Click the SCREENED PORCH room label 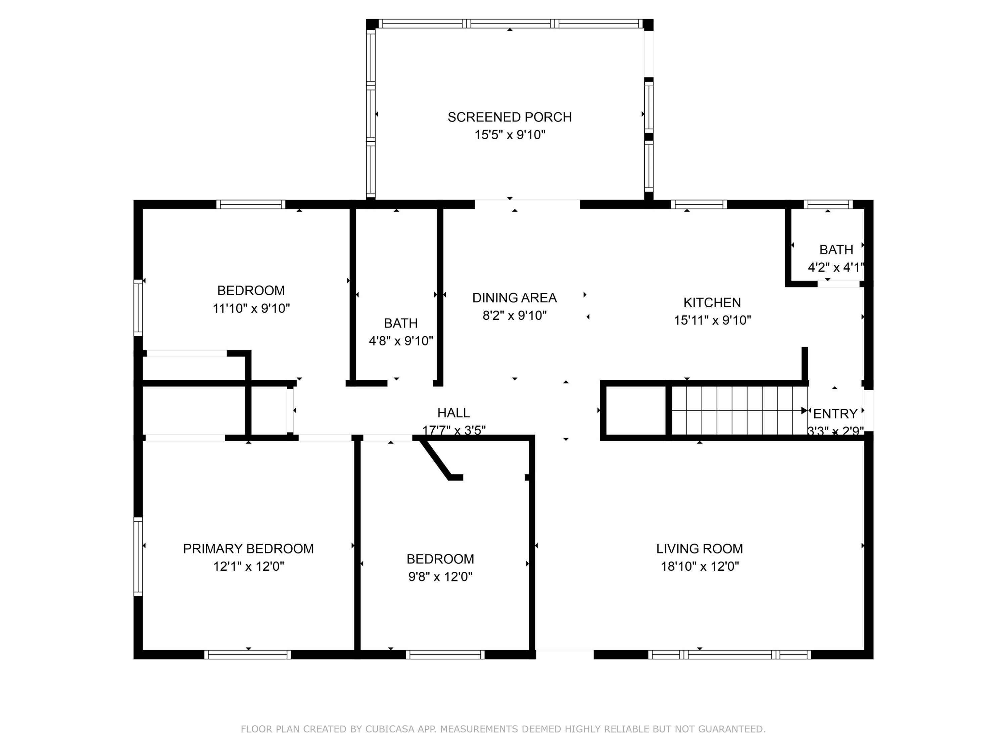click(510, 117)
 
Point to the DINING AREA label click(515, 298)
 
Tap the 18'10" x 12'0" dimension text click(700, 567)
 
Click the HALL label click(453, 413)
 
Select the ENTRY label click(835, 414)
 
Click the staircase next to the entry click(738, 410)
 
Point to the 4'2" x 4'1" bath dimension click(836, 267)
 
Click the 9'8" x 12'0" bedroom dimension click(440, 577)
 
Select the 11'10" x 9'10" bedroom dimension click(251, 309)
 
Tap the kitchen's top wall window click(699, 204)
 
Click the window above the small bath click(828, 204)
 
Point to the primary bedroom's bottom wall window click(248, 654)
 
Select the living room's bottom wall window click(729, 654)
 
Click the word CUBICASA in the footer click(390, 729)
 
